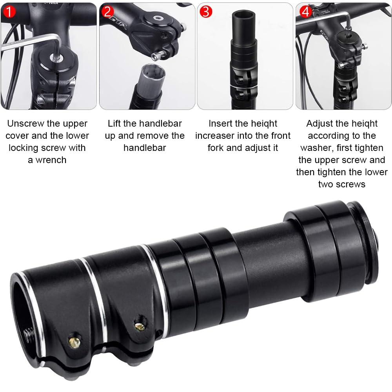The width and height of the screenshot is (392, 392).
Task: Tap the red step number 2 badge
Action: click(107, 12)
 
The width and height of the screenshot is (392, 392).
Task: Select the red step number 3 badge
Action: click(206, 12)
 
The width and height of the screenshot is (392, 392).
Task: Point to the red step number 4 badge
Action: click(305, 12)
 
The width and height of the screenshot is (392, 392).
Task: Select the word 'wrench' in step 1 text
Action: click(51, 160)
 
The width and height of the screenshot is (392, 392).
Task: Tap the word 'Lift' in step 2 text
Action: click(114, 123)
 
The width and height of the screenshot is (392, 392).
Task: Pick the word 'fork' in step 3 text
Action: click(216, 148)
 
